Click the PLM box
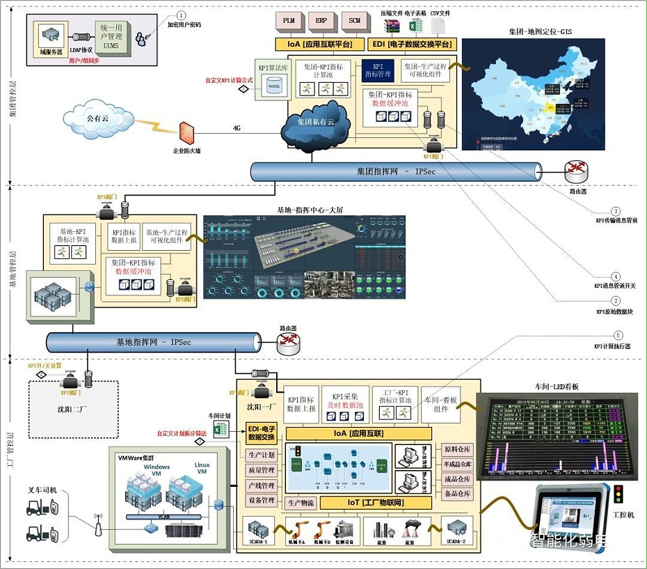point(289,21)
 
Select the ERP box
point(321,21)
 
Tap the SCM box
point(354,21)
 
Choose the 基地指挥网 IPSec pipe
point(153,342)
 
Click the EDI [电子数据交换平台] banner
point(410,44)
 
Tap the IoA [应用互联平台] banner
point(319,44)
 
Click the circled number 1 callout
point(182,15)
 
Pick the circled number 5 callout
point(615,337)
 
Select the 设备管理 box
point(262,500)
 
